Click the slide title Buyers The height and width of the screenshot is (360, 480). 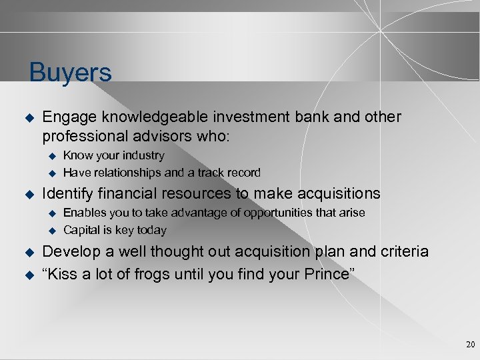pos(71,73)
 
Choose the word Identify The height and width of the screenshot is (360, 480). pos(69,194)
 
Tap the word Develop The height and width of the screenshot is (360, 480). pos(71,251)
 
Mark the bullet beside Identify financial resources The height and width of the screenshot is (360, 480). pos(28,195)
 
